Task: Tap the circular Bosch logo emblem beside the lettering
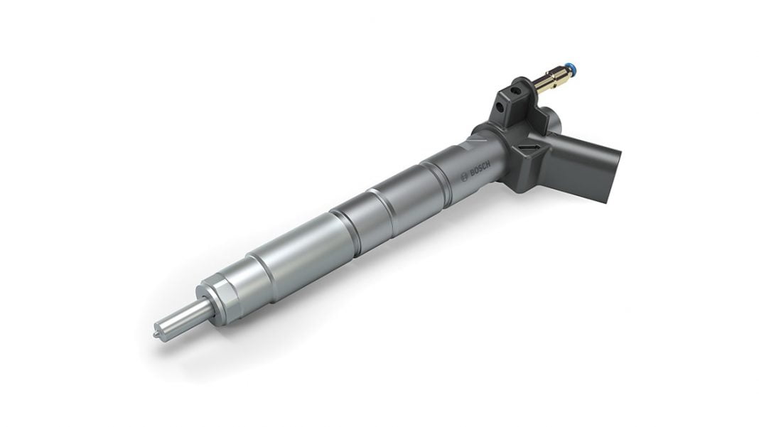pyautogui.click(x=465, y=177)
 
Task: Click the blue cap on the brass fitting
pyautogui.click(x=572, y=70)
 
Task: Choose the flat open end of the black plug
pyautogui.click(x=613, y=176)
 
